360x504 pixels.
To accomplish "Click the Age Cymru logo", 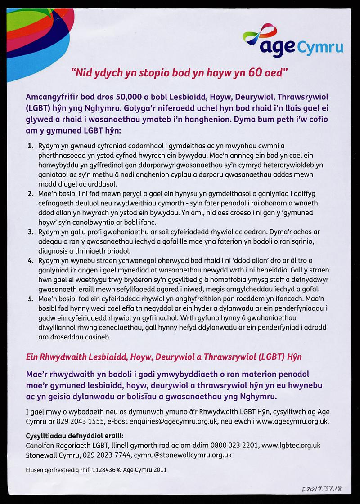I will point(292,41).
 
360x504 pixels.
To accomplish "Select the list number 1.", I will point(30,146).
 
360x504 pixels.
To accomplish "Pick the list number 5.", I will point(30,298).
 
